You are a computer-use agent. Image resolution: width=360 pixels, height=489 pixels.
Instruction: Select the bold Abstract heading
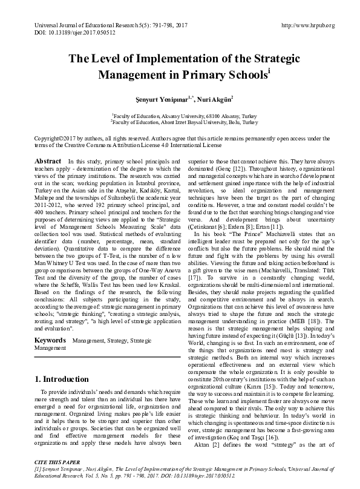coord(48,161)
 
